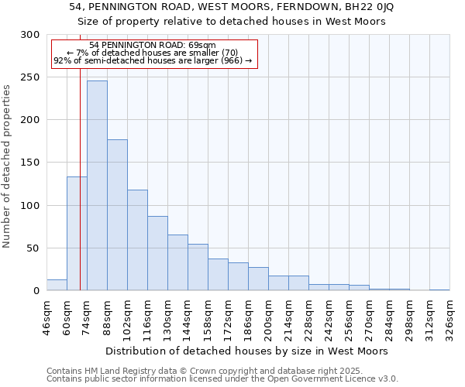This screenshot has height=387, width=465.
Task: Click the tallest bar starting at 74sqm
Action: click(97, 186)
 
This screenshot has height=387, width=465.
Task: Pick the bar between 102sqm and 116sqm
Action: click(137, 240)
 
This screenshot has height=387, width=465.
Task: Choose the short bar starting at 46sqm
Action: click(57, 285)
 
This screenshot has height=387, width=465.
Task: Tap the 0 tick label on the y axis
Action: click(36, 291)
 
